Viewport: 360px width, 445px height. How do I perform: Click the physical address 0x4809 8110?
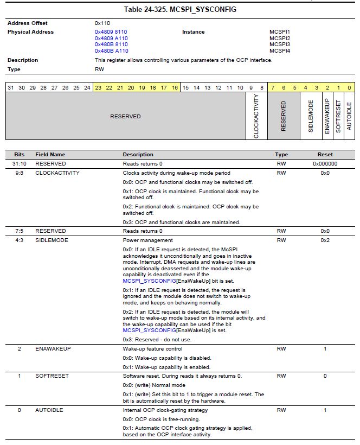point(111,32)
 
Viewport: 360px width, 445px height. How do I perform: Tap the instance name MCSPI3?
point(280,44)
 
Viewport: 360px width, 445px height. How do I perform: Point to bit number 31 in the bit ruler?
point(11,87)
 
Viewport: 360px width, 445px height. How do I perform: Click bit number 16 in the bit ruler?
point(175,87)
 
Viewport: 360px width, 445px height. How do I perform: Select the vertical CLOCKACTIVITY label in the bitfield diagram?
point(256,116)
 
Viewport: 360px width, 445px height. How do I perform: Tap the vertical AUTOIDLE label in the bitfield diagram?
point(349,116)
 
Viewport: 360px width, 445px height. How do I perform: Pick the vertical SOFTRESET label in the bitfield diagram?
point(338,116)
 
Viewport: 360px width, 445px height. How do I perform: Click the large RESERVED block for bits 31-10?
point(125,116)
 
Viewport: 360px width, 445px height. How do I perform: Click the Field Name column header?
point(50,155)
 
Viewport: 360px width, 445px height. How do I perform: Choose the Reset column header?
point(325,155)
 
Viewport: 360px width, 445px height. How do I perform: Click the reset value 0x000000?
point(325,163)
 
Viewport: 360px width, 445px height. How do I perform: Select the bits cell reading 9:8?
point(19,173)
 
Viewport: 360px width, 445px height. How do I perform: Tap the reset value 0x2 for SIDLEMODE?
point(325,240)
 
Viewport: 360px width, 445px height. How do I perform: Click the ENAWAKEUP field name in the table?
point(53,348)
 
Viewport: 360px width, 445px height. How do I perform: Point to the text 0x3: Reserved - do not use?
point(157,339)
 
